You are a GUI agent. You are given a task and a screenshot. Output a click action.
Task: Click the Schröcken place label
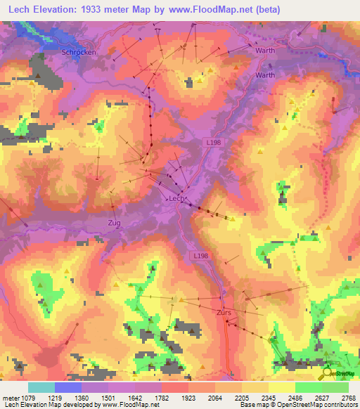point(79,52)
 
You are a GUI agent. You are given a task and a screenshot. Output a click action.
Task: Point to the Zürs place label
point(224,311)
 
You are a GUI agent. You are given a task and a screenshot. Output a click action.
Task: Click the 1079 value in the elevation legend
point(29,396)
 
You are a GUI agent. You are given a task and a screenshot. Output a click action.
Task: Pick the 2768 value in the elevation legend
point(349,396)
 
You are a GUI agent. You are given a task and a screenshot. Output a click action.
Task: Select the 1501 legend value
point(108,396)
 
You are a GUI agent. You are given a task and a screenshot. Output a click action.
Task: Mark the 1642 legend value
point(134,396)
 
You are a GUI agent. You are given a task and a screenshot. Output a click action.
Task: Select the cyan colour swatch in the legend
point(41,387)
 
